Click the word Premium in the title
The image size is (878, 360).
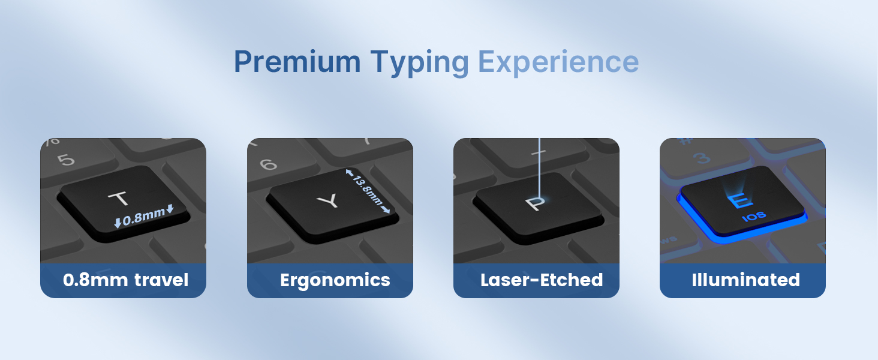(x=297, y=62)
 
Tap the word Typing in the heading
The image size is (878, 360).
(x=419, y=63)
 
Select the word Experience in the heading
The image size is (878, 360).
(x=558, y=63)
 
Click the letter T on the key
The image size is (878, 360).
(x=118, y=199)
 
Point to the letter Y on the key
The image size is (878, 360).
(x=329, y=201)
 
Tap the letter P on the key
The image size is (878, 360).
(x=535, y=203)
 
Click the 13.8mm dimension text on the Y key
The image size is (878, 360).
(x=367, y=191)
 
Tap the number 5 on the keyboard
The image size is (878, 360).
(x=66, y=159)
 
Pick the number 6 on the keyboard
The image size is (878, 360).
(x=269, y=164)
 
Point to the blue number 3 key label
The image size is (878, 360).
(x=702, y=158)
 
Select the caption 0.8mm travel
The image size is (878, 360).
(x=125, y=280)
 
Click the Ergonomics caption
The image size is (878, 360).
(x=335, y=280)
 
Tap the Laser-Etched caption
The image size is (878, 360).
(x=542, y=280)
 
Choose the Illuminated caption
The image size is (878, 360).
(x=746, y=280)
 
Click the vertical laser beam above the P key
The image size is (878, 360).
(x=539, y=169)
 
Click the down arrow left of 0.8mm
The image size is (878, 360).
(x=118, y=223)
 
